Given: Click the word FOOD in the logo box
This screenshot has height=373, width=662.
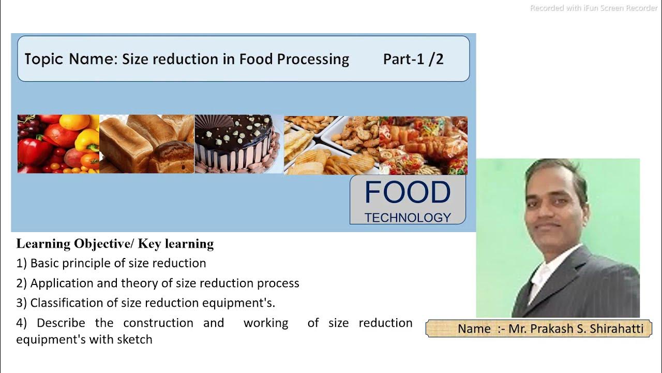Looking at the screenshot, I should tap(408, 192).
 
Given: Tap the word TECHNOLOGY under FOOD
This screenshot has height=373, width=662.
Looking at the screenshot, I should tap(408, 218).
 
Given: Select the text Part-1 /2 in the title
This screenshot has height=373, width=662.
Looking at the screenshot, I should tap(413, 59).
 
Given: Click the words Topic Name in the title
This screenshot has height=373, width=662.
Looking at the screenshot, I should tap(71, 59).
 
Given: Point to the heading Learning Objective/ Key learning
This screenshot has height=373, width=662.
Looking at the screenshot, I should tap(115, 243).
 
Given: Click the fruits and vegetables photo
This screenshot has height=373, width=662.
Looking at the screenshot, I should tap(58, 144).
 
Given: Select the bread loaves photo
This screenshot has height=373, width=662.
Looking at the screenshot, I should tap(146, 144).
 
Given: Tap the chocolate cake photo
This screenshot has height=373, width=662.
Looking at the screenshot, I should tap(238, 144).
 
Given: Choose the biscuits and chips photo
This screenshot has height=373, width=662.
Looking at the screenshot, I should tap(331, 145).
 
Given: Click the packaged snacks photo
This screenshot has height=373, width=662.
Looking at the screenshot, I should tap(423, 145).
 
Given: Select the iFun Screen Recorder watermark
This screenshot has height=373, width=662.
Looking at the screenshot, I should tap(594, 8).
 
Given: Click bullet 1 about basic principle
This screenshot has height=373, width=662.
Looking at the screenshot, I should tap(111, 263).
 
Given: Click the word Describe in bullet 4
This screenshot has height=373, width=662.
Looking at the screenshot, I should tap(61, 323).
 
